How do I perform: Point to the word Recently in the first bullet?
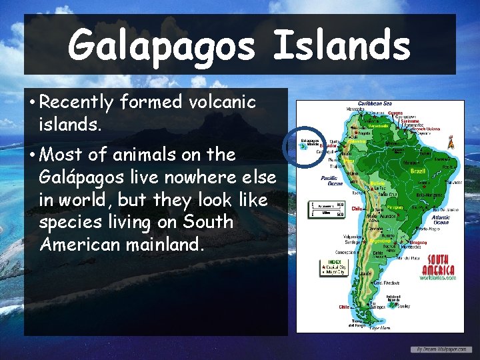pos(77,103)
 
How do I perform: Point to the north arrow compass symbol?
pos(450,142)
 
